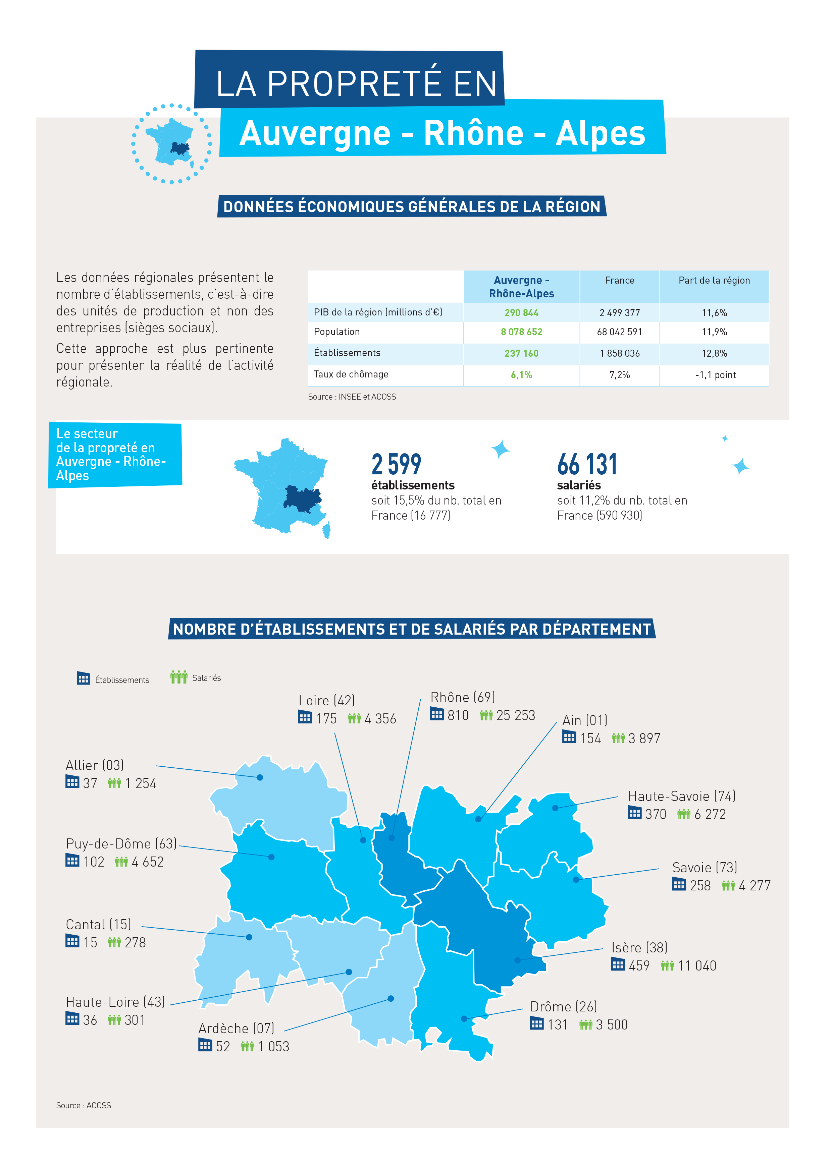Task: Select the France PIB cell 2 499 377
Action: (x=619, y=312)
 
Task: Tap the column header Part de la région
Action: (x=714, y=280)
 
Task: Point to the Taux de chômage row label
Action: (x=351, y=374)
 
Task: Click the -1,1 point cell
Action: (x=715, y=375)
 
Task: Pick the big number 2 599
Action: (x=396, y=465)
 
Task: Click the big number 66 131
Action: (x=587, y=465)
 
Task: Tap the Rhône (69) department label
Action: (x=462, y=697)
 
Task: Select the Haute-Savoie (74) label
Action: (x=681, y=796)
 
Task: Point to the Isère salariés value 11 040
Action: (x=697, y=965)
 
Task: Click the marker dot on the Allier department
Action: (x=260, y=777)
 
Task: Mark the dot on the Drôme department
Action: (x=464, y=1019)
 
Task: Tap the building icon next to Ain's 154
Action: (x=569, y=737)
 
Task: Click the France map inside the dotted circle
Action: (x=170, y=143)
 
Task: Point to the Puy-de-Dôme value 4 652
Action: (x=148, y=862)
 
